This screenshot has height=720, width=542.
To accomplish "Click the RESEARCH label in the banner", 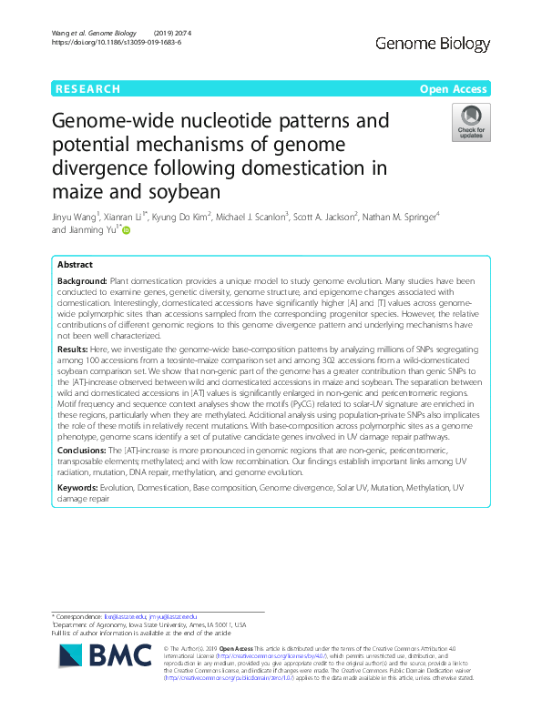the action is [x=87, y=89].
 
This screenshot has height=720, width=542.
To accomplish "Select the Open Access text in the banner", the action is [x=454, y=89].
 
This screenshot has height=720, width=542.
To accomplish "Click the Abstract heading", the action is [x=76, y=264].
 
